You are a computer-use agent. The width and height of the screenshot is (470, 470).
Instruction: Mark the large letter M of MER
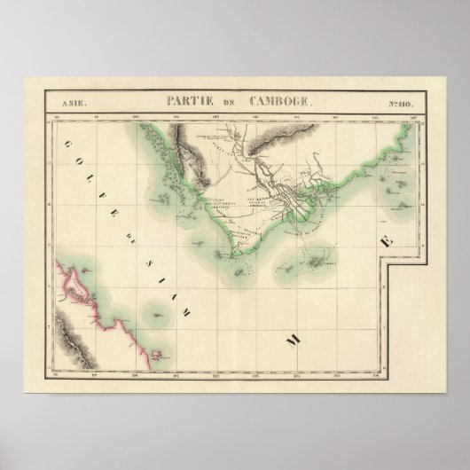click(291, 339)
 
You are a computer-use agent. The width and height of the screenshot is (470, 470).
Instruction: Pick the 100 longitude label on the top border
click(135, 115)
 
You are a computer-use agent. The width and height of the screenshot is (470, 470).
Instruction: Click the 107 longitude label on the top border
click(414, 115)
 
